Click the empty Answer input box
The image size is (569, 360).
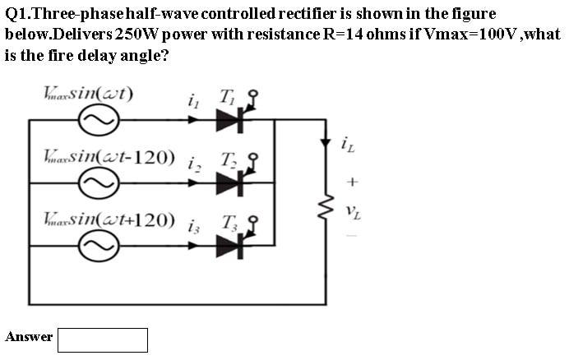[x=103, y=339]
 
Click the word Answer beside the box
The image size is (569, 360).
[x=29, y=337]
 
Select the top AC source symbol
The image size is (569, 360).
[x=97, y=120]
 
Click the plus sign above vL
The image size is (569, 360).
[x=350, y=180]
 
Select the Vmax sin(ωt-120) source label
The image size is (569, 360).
[x=109, y=156]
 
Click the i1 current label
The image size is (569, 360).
[x=193, y=101]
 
